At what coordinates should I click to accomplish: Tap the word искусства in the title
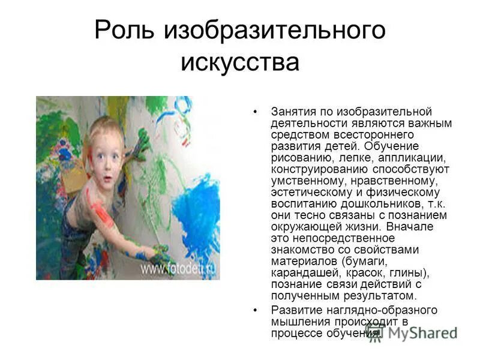[239, 62]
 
